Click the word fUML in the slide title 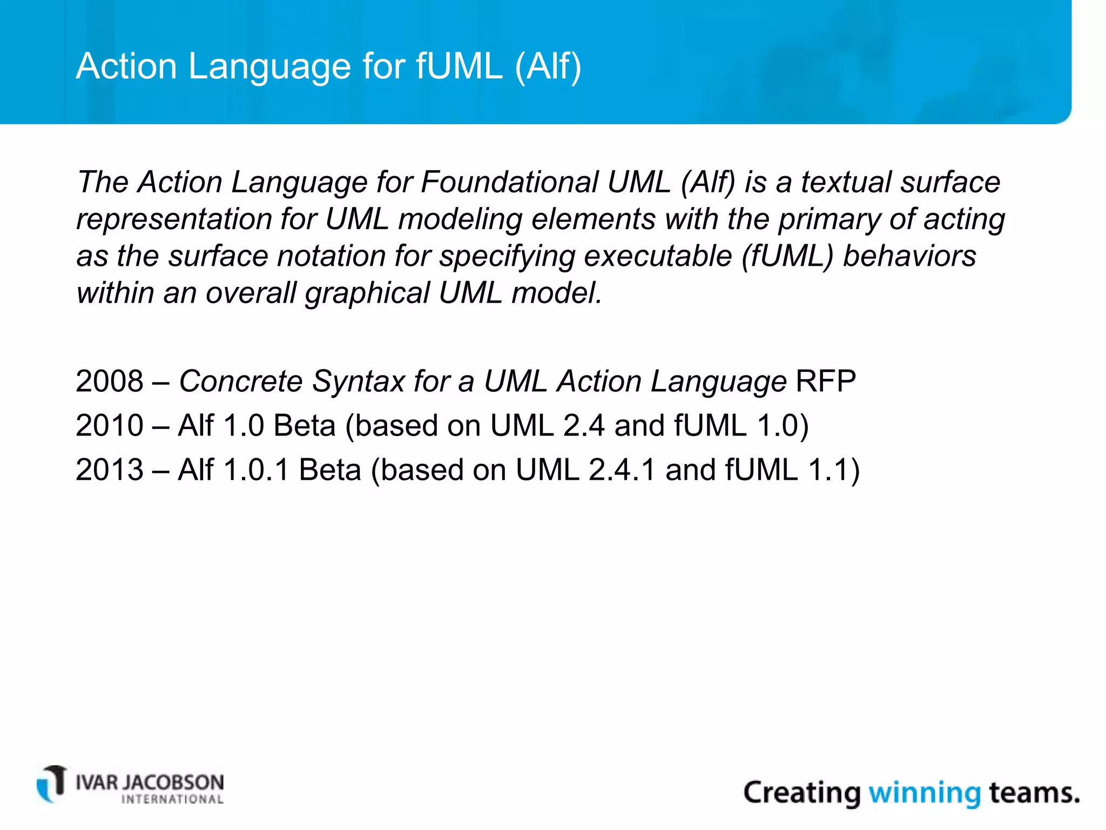tap(459, 66)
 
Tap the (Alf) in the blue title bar tap(548, 67)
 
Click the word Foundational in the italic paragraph tap(509, 182)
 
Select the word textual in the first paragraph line tap(846, 182)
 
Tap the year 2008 tap(110, 381)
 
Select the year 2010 tap(110, 426)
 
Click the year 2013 tap(110, 470)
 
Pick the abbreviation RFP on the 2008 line tap(826, 381)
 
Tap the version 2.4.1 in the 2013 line tap(622, 470)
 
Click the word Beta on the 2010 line tap(305, 426)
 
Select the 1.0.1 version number tap(256, 470)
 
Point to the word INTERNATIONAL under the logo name tap(172, 800)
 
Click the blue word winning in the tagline tap(924, 793)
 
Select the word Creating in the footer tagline tap(802, 793)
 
